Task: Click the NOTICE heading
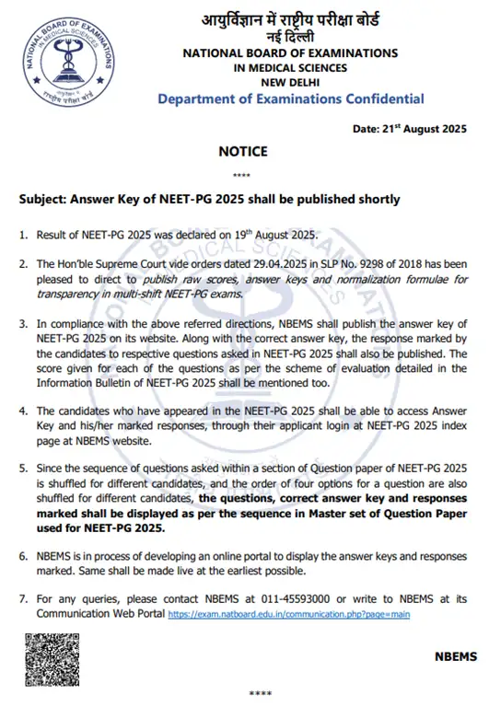point(243,151)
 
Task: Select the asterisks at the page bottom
point(262,692)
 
